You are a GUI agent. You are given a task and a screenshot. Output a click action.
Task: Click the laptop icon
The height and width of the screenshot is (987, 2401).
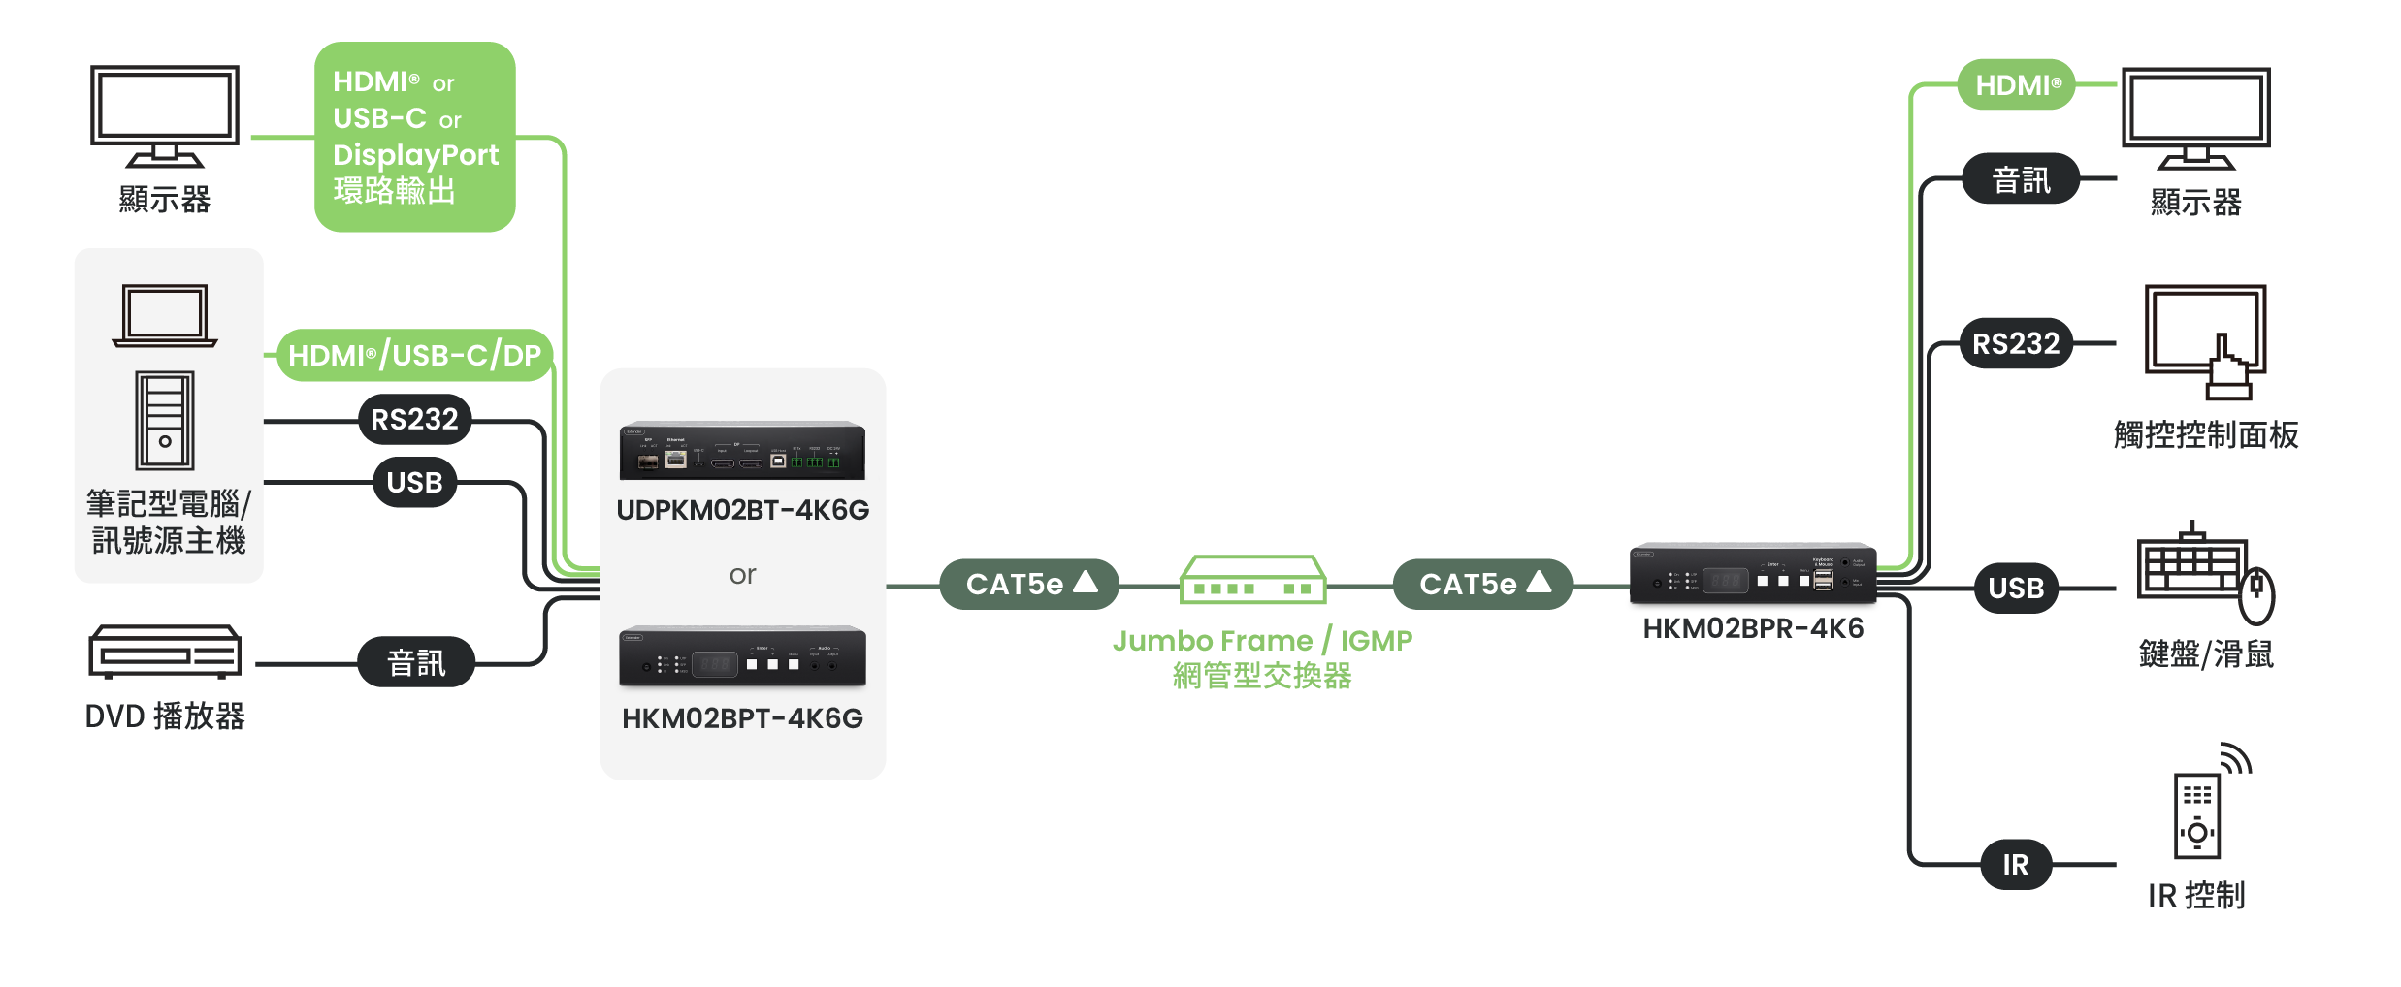pos(165,315)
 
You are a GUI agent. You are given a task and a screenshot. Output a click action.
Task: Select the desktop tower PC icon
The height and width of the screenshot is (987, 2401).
pos(165,420)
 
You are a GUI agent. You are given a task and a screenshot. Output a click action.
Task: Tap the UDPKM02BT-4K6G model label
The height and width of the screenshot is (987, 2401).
pos(743,510)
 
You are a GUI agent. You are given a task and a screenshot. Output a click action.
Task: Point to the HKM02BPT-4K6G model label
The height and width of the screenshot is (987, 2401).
pos(743,718)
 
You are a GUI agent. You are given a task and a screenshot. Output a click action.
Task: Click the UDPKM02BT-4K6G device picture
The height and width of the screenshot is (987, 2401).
pos(742,451)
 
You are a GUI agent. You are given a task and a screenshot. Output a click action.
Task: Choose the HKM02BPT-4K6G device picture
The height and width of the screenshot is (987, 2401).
pos(742,656)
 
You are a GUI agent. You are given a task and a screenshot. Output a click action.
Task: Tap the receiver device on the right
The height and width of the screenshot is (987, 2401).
pos(1753,574)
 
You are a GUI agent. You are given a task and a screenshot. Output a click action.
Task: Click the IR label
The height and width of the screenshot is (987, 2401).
pos(2016,865)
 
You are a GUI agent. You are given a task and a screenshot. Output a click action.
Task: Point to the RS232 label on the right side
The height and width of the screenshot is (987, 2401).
pos(2016,344)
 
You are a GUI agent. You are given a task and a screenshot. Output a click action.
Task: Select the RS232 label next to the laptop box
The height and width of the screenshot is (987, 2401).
pos(414,420)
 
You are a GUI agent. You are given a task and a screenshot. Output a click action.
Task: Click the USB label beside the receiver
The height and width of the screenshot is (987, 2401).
pos(2016,589)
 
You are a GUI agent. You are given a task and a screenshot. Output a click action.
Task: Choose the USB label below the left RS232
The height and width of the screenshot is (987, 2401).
pos(414,483)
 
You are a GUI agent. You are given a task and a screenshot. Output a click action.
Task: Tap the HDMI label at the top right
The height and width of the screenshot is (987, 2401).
pos(2019,86)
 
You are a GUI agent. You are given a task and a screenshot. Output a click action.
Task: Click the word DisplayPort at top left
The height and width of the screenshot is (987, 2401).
pos(415,155)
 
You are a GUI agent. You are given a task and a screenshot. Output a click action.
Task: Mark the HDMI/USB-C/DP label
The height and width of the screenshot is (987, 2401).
pos(414,356)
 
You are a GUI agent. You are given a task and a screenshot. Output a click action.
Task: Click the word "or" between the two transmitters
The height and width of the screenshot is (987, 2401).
pos(742,575)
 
